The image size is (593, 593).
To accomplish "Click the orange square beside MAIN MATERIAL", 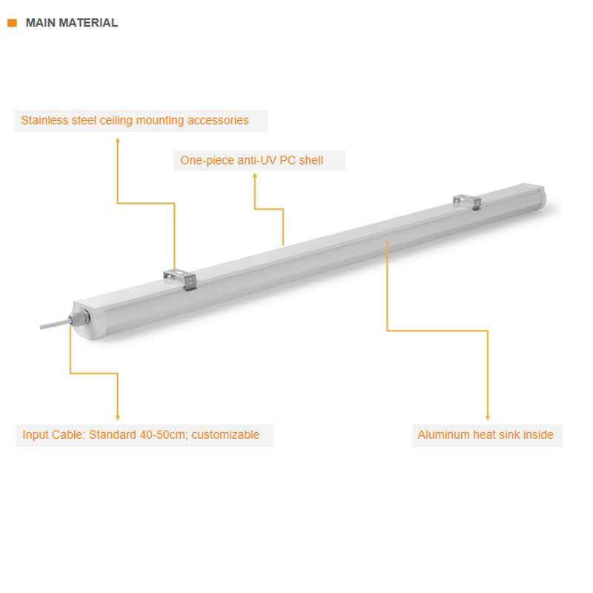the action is (12, 23).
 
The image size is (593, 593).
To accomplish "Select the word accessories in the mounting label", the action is (218, 120).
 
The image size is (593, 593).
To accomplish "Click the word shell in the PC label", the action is (311, 160).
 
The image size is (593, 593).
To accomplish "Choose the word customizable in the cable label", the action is (225, 435).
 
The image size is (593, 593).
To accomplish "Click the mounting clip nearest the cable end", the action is (180, 279).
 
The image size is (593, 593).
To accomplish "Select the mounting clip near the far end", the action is (468, 202).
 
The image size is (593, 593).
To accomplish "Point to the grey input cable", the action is (55, 325).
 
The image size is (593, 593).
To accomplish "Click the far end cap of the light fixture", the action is (534, 196).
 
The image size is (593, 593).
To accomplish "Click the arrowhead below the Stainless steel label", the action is (118, 141).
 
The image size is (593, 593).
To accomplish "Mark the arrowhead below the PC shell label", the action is (255, 176).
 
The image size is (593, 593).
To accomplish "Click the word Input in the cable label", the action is (35, 435).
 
